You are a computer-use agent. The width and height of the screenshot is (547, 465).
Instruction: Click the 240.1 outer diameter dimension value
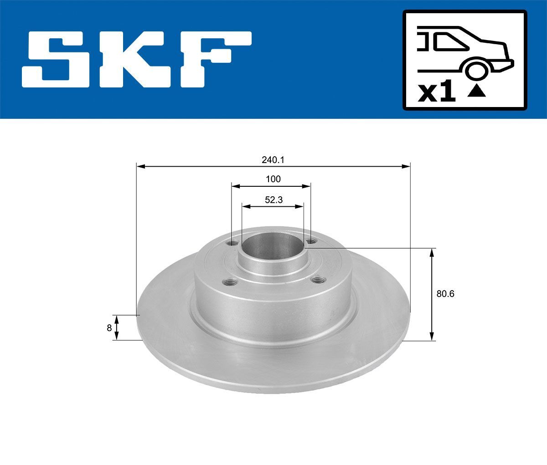(x=273, y=160)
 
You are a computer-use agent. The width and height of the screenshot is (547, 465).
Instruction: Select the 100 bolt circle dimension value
(x=273, y=179)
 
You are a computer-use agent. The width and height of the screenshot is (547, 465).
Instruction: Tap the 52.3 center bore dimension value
(x=273, y=199)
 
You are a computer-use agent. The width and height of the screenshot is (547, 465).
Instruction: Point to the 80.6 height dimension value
(x=445, y=294)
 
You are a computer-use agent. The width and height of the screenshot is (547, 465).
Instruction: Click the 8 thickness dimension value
(x=109, y=327)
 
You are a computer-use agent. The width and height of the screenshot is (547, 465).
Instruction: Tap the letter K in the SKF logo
(x=137, y=59)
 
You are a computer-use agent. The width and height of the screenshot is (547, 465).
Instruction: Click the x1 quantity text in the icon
(x=437, y=93)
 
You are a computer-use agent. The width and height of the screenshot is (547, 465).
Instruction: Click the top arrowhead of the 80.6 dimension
(x=432, y=252)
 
